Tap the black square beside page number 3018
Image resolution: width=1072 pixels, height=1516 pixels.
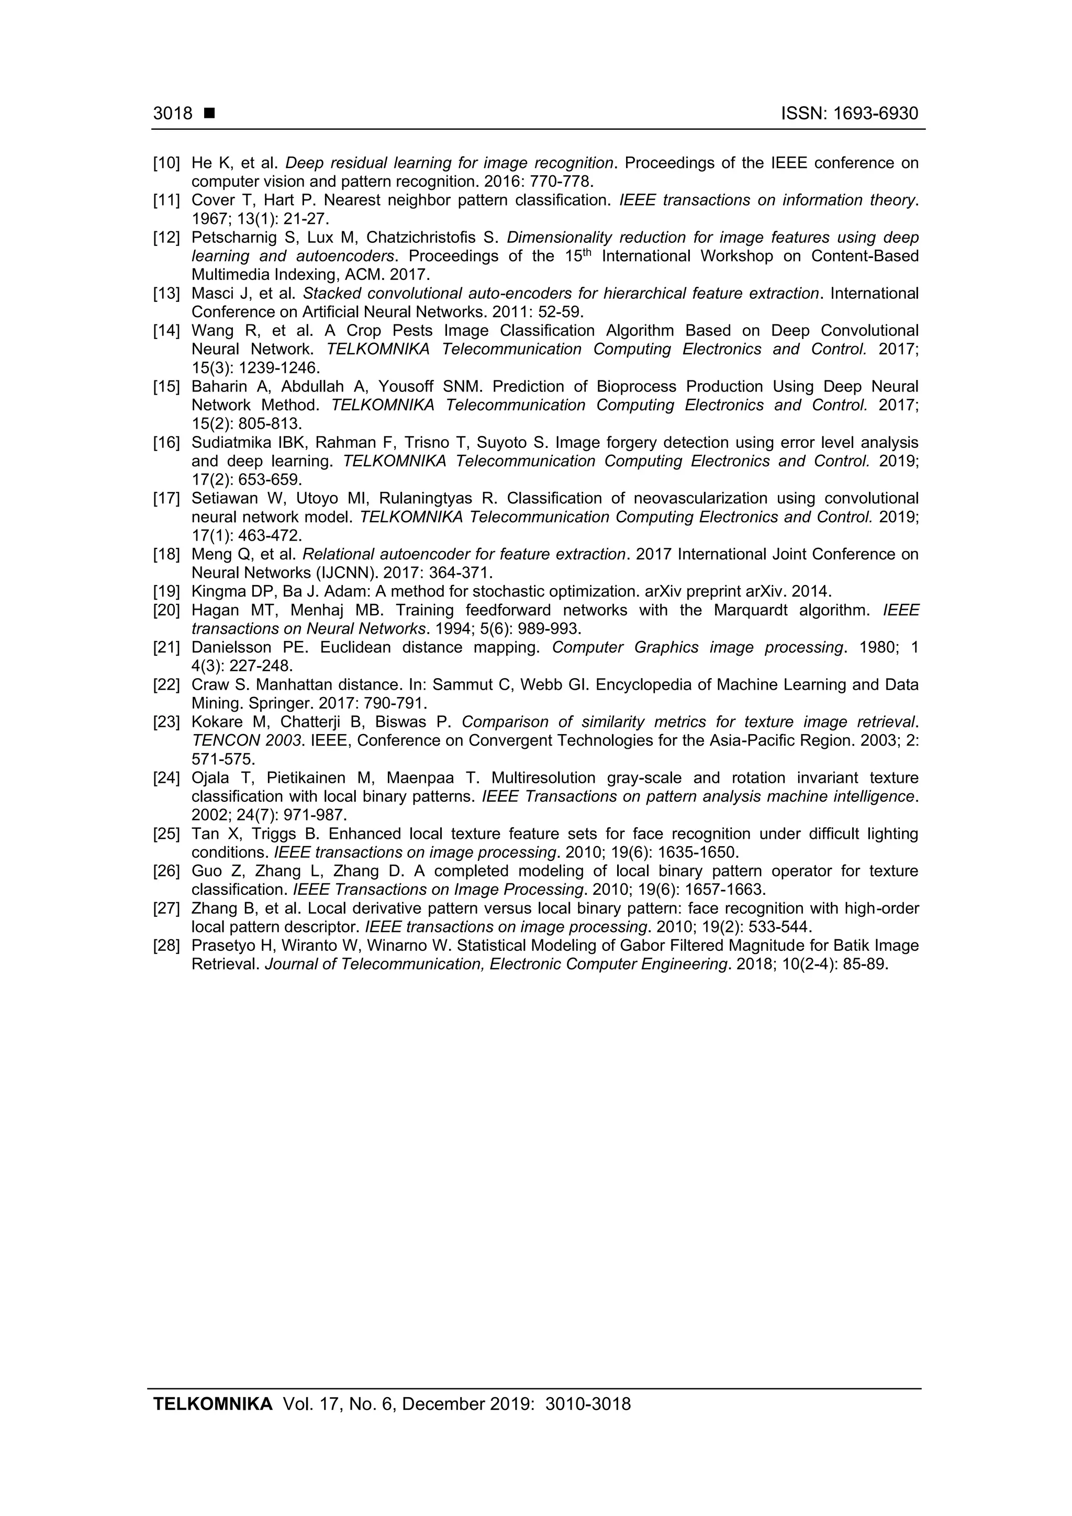pos(209,114)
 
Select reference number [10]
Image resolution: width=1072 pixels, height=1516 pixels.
pos(166,163)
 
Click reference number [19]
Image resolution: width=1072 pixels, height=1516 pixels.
pos(166,592)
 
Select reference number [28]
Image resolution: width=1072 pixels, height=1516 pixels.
pos(166,946)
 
